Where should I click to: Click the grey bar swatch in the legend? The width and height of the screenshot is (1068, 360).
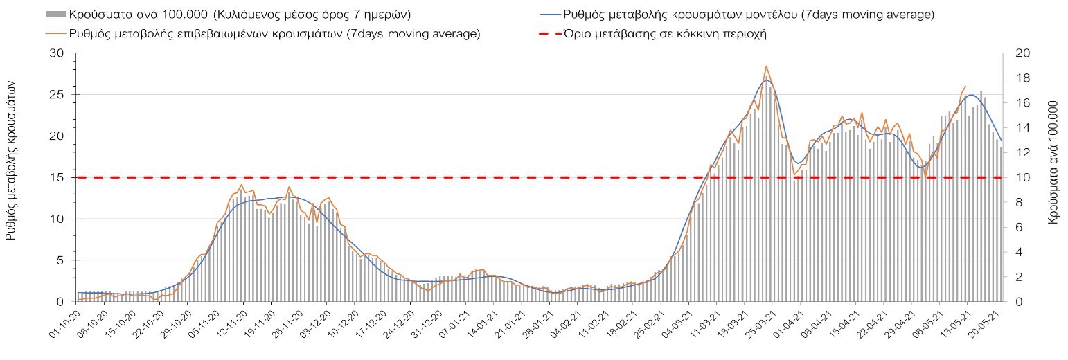point(55,14)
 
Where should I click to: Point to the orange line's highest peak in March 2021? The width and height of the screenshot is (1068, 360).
point(766,66)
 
